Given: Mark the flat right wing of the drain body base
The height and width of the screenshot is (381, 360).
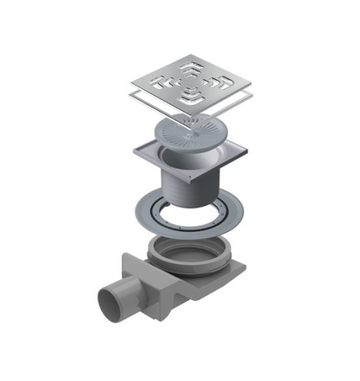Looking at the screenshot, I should [237, 272].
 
